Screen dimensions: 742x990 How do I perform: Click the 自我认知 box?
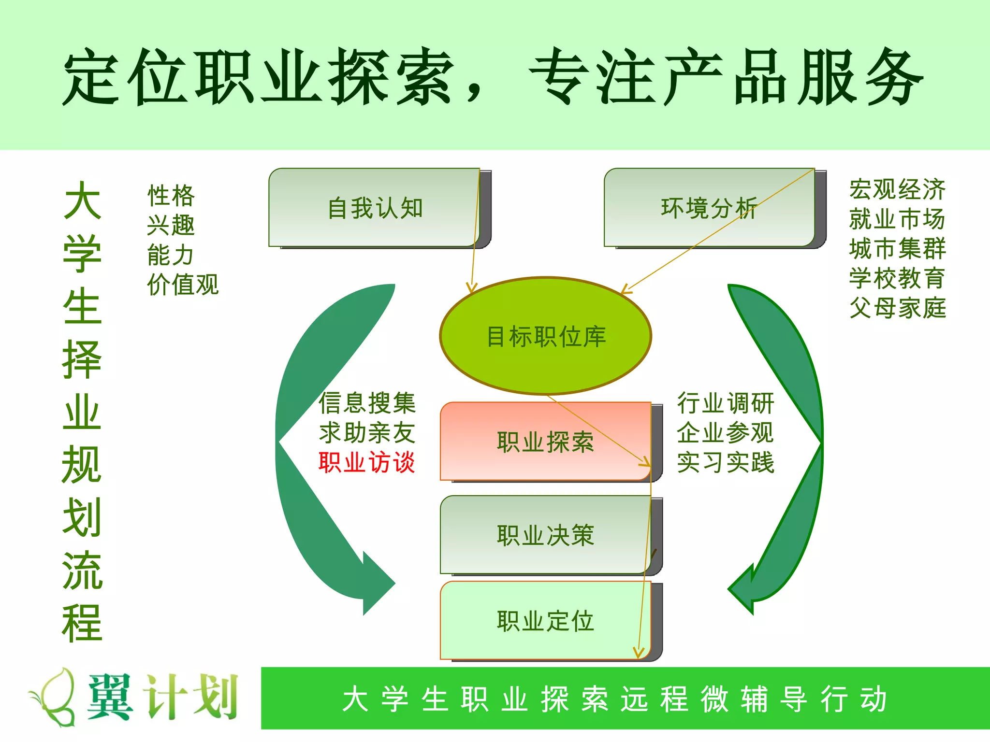[x=375, y=208]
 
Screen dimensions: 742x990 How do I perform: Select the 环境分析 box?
[x=709, y=208]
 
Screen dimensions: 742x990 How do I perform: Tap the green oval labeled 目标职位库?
[x=546, y=336]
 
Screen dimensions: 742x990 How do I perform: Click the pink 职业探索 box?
[x=545, y=442]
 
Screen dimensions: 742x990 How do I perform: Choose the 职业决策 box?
[x=545, y=535]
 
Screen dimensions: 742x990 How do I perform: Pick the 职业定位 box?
[x=545, y=621]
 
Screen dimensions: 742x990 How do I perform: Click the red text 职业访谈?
[x=367, y=462]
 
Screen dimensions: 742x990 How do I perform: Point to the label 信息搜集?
[x=367, y=403]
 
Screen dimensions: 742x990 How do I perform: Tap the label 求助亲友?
[x=367, y=432]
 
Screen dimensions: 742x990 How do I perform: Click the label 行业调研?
[x=726, y=403]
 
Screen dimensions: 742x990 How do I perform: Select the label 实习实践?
[x=726, y=462]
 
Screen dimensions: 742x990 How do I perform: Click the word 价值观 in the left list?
[x=183, y=285]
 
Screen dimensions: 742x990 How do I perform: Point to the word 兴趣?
[x=171, y=225]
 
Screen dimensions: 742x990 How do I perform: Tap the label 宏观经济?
[x=897, y=189]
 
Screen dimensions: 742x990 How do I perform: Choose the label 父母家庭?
[x=897, y=308]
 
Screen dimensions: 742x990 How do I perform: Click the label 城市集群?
[x=897, y=248]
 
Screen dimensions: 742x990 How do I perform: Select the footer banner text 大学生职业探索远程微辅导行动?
[x=615, y=699]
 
